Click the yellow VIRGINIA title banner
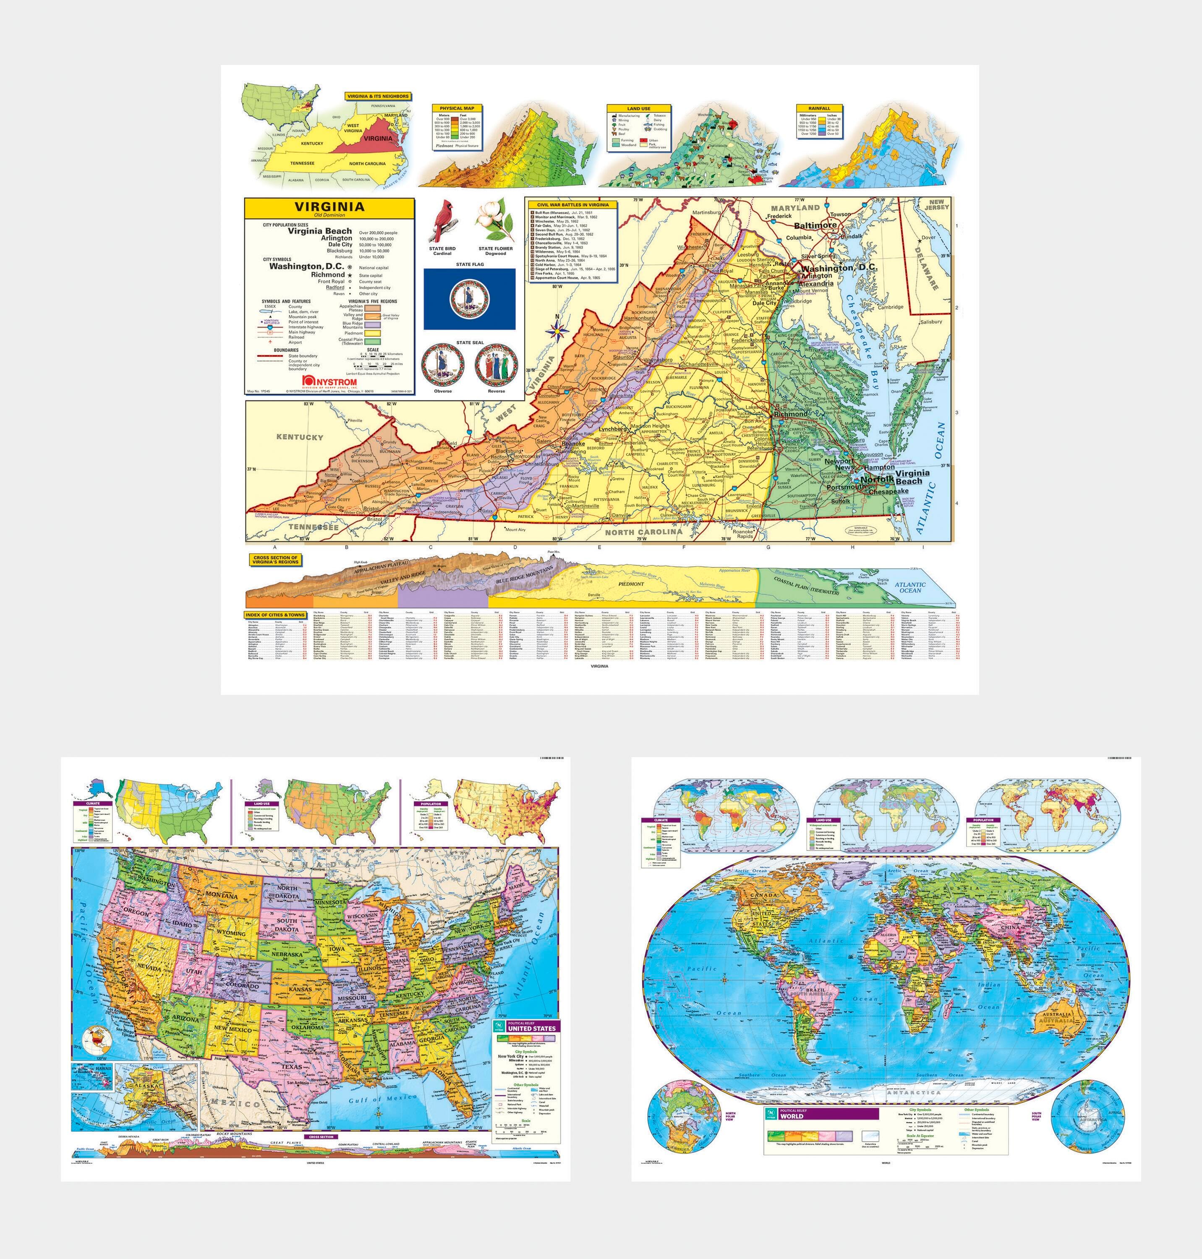tap(329, 207)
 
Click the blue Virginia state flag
tap(469, 298)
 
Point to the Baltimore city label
tap(815, 225)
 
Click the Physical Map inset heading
tap(457, 108)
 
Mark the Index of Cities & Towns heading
tap(275, 615)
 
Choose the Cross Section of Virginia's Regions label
tap(275, 559)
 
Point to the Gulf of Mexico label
tap(375, 1100)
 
